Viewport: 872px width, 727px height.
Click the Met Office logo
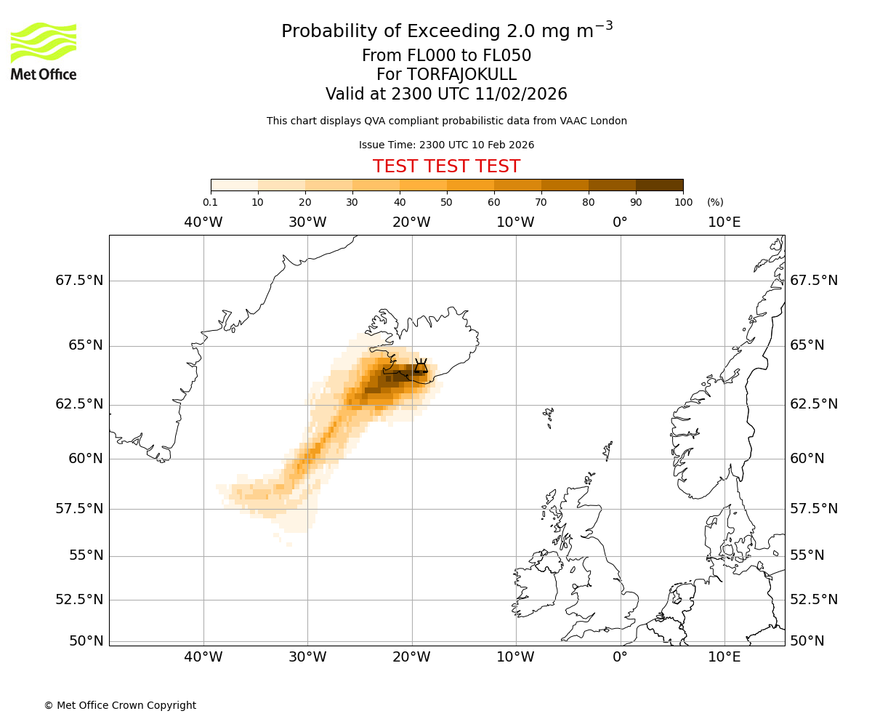pos(44,51)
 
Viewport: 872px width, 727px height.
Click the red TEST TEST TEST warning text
pos(446,166)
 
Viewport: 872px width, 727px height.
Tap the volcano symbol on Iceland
pos(421,366)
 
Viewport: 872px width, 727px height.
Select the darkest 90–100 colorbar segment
pos(659,185)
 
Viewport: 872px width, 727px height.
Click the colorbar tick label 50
pos(446,202)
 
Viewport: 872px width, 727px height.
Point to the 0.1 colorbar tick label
pos(210,202)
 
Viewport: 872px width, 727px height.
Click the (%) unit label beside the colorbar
pos(715,202)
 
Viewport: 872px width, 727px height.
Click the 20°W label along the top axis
pos(411,222)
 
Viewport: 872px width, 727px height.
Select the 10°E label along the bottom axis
pos(724,658)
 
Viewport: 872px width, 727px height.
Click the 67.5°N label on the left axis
pos(79,281)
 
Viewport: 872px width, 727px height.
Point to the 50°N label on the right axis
pos(807,640)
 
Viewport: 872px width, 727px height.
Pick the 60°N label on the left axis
pos(86,458)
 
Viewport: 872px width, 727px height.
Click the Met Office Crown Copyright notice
pos(120,705)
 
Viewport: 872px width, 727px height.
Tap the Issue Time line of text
pos(446,145)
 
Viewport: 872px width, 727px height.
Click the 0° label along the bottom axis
pos(620,658)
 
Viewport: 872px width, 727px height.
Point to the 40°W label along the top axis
pos(203,222)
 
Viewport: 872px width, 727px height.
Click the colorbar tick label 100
pos(683,202)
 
